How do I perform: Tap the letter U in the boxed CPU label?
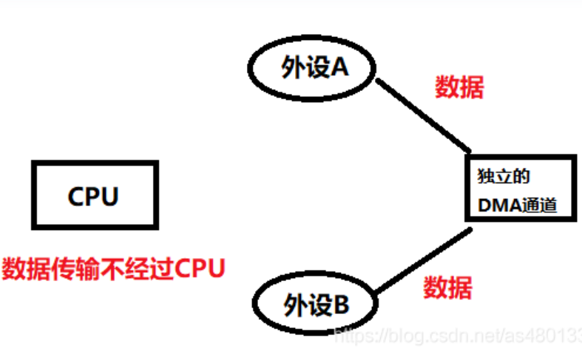click(110, 196)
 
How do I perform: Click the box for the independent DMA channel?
click(521, 187)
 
